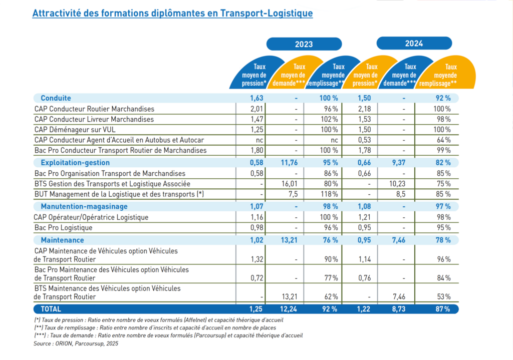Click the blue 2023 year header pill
(304, 44)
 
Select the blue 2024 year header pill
(414, 43)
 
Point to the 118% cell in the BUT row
(330, 194)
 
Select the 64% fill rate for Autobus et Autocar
(443, 140)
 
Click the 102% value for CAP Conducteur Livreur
(330, 119)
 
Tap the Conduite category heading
(56, 98)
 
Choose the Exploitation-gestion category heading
(75, 163)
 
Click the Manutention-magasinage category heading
(84, 206)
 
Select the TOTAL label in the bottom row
(51, 308)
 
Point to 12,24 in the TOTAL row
(290, 308)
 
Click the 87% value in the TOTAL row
(442, 308)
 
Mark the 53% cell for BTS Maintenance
(443, 296)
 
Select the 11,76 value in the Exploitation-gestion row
(290, 163)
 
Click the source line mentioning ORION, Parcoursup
(76, 343)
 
